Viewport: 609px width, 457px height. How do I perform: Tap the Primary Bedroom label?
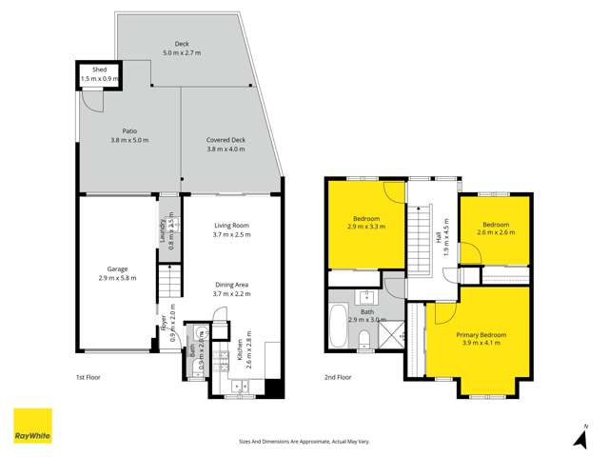[x=480, y=335]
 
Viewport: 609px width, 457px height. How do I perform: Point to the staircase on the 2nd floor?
[x=420, y=242]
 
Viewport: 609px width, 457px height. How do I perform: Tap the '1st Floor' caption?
[x=88, y=377]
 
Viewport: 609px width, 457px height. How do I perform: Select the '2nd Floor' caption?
[x=338, y=377]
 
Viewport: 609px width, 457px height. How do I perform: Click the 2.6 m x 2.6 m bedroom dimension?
[x=496, y=232]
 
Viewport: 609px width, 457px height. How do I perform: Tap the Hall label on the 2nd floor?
[x=439, y=232]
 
